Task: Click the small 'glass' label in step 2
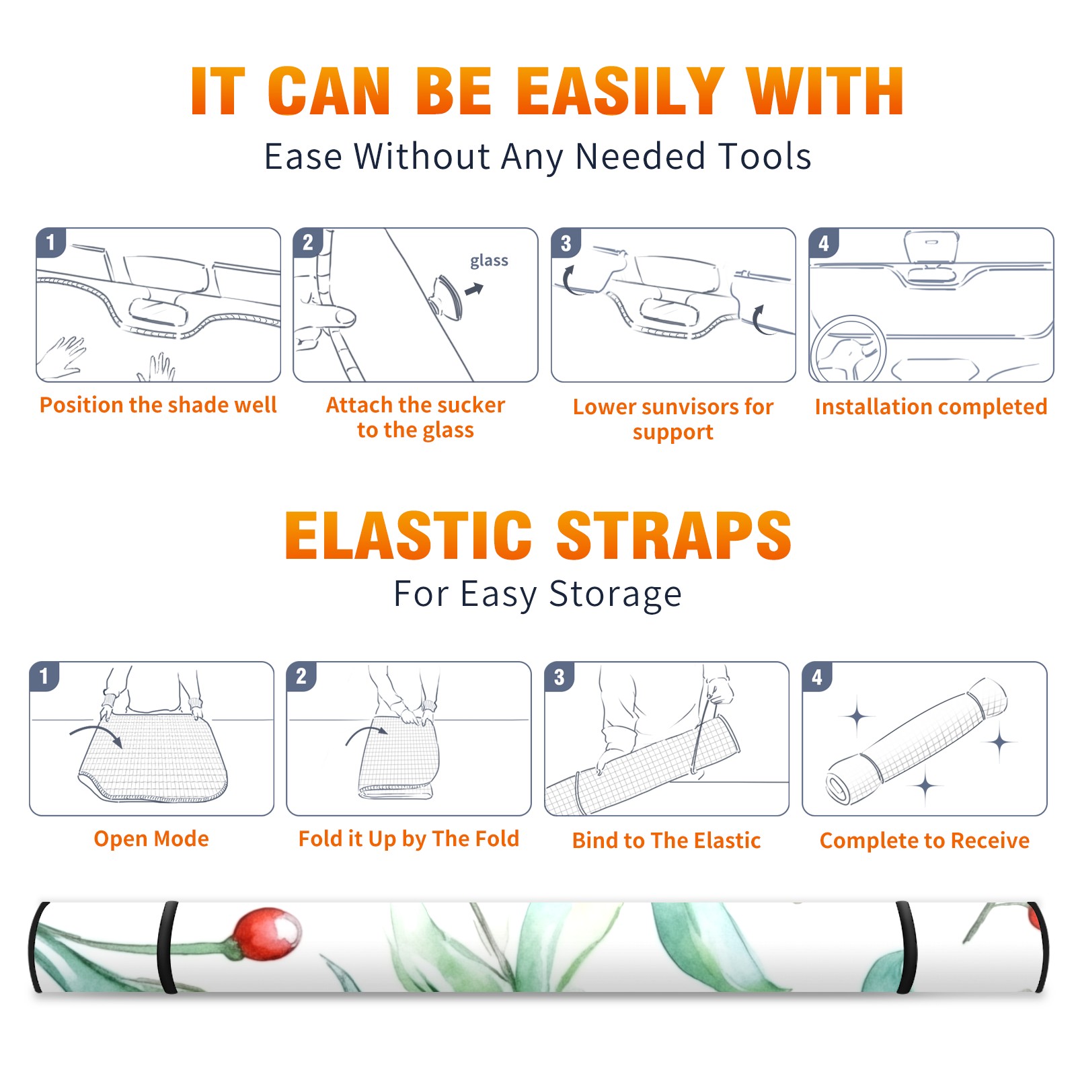[489, 261]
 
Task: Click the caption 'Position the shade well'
[158, 405]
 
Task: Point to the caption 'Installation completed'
[931, 407]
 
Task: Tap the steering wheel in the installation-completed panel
[849, 350]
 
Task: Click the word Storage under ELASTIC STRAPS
[615, 594]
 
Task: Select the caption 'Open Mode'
[151, 839]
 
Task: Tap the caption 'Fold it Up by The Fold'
[409, 839]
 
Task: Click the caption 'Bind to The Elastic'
[666, 841]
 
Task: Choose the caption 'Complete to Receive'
[925, 841]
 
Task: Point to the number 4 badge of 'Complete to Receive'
[817, 677]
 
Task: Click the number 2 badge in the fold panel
[301, 677]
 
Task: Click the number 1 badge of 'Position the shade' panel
[51, 243]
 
